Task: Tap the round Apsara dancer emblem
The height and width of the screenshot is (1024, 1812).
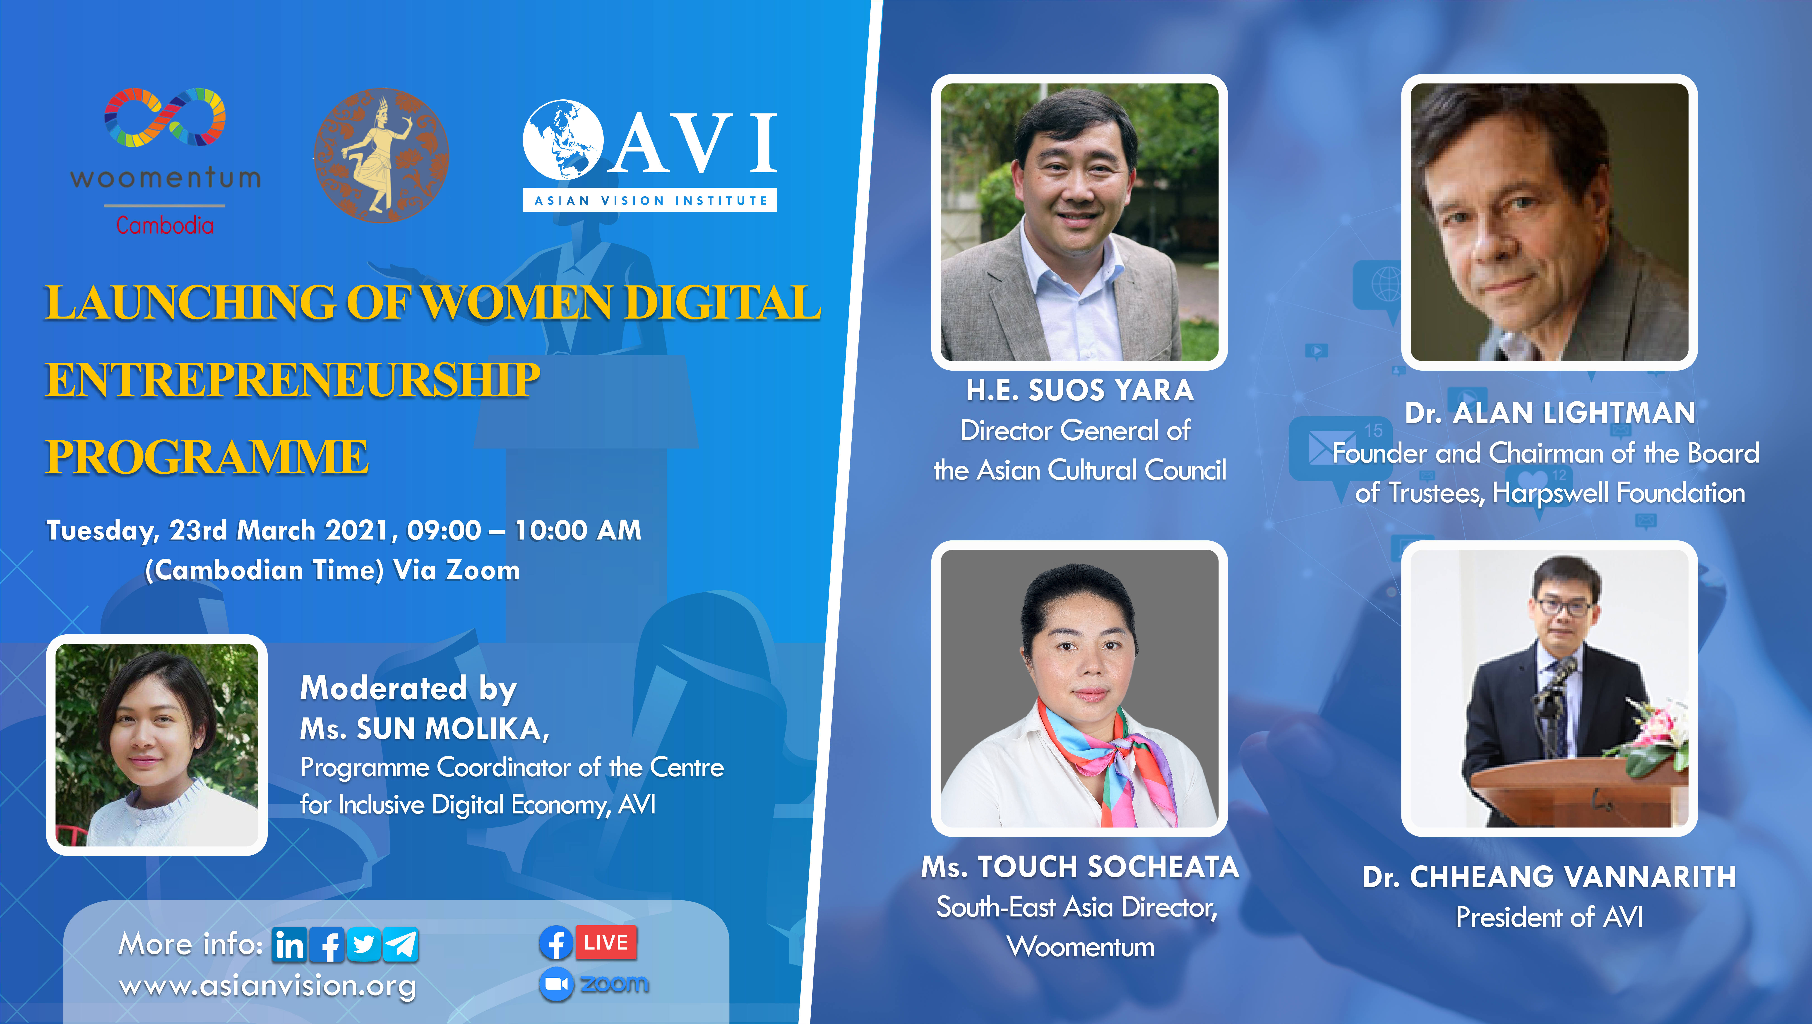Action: (x=381, y=156)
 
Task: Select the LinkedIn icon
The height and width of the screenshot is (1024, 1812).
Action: (x=289, y=945)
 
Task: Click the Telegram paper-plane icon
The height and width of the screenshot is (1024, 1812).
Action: (x=401, y=945)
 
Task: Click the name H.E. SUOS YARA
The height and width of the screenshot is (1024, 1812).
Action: (x=1080, y=390)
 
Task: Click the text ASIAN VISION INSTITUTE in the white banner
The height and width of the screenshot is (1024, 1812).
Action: (x=650, y=200)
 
